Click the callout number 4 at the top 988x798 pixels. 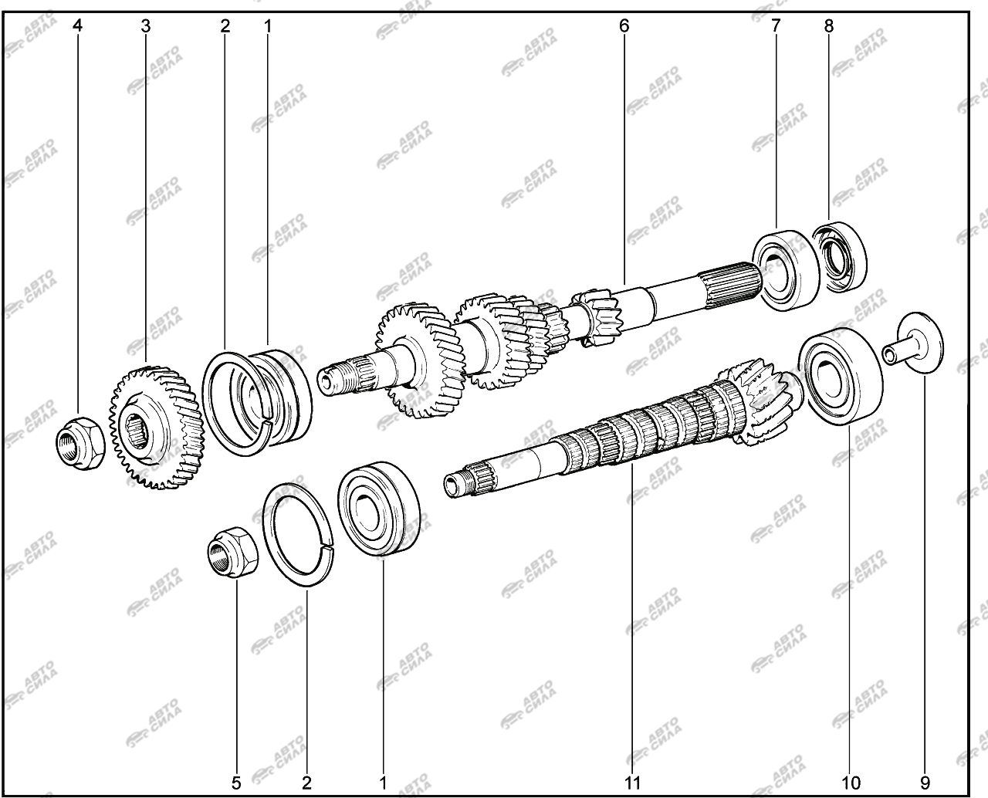coord(77,25)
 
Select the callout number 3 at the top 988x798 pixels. coord(146,25)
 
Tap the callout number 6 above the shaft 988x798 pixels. coord(624,25)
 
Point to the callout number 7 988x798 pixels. coord(776,25)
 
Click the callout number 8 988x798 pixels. coord(829,25)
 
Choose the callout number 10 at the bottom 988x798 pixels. coord(851,783)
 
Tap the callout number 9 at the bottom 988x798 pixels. coord(925,783)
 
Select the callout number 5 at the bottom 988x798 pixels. coord(236,783)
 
